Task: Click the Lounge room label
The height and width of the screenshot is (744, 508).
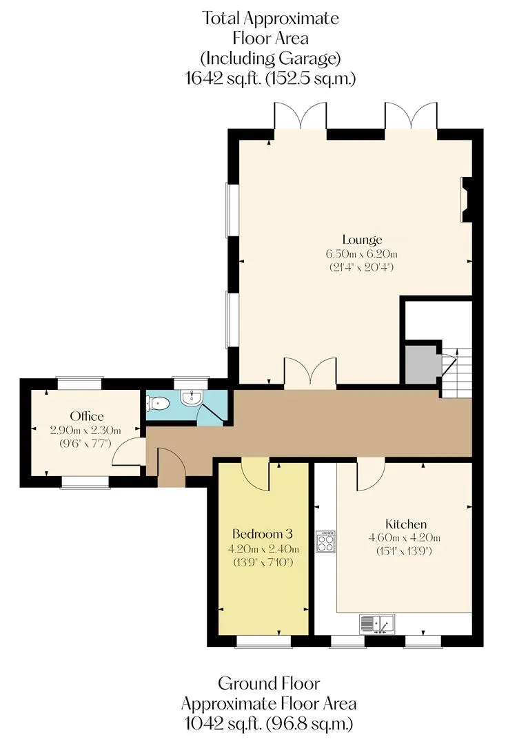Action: click(362, 240)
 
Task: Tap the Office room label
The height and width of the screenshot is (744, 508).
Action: click(87, 416)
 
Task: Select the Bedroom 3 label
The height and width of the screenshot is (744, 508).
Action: click(263, 534)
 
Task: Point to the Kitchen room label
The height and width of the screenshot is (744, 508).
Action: click(406, 524)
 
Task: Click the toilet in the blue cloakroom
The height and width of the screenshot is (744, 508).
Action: click(158, 404)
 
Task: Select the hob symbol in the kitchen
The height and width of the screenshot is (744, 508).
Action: click(326, 541)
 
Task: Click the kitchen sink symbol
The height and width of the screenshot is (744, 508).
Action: click(377, 624)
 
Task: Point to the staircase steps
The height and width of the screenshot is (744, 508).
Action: click(457, 373)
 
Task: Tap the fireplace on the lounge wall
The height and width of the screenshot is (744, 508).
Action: click(467, 200)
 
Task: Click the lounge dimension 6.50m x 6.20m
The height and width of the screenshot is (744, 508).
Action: click(362, 254)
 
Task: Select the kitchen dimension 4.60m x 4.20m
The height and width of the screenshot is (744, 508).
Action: click(405, 537)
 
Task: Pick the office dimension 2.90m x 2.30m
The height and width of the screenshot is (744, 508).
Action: click(85, 431)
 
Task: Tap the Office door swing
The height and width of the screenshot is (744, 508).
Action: click(129, 452)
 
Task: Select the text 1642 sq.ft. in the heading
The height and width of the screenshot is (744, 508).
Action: click(223, 79)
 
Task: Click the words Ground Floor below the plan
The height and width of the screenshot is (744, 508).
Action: click(269, 683)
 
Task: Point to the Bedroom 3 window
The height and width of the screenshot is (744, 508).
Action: click(263, 641)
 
